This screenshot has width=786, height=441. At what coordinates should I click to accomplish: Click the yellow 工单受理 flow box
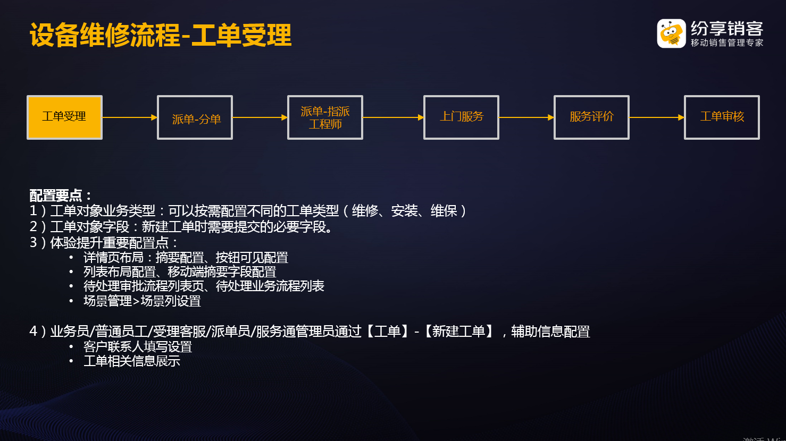tap(64, 117)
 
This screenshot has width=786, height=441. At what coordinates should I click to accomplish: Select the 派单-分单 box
tap(195, 117)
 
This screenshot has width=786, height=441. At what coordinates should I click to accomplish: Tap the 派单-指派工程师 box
tap(325, 117)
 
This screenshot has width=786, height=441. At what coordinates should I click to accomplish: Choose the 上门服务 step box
tap(461, 117)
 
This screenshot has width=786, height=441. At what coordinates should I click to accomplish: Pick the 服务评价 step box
tap(591, 117)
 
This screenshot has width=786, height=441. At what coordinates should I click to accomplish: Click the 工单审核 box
tap(722, 117)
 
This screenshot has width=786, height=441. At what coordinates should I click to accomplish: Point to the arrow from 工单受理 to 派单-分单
tap(130, 117)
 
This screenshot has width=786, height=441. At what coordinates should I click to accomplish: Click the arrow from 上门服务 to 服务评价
tap(526, 117)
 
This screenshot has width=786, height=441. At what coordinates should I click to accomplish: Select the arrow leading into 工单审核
tap(657, 117)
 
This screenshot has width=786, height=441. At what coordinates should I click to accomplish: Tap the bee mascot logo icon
tap(671, 33)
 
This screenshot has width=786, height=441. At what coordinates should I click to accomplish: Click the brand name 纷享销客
tap(727, 29)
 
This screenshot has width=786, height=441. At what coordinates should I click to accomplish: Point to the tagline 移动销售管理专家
tap(727, 43)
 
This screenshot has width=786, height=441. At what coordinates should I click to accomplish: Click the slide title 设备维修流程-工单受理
tap(161, 35)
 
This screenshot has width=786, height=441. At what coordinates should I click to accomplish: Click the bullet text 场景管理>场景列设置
tap(142, 301)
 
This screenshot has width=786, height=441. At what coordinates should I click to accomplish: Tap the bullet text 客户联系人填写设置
tap(138, 347)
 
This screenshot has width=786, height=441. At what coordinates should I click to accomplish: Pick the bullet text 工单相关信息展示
tap(131, 361)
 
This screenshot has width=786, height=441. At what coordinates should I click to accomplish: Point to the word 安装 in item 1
tap(404, 211)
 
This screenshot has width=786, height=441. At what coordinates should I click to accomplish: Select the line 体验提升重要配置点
tap(104, 243)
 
